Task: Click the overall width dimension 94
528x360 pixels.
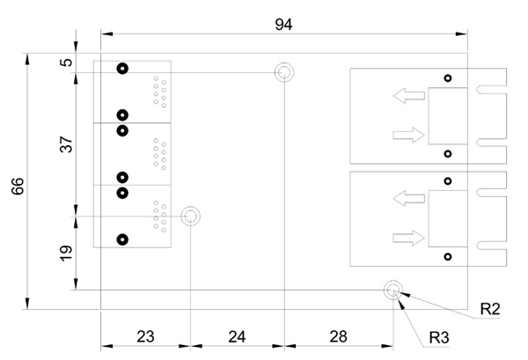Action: (x=282, y=24)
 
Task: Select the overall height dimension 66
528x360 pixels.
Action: (x=17, y=185)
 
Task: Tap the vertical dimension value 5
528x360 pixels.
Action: (x=64, y=63)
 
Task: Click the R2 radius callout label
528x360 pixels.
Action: (x=490, y=310)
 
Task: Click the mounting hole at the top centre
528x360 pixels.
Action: (x=284, y=72)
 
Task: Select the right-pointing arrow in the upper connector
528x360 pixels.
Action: (x=406, y=134)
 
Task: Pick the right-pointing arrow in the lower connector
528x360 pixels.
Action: (x=406, y=236)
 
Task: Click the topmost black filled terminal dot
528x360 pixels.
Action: (x=122, y=70)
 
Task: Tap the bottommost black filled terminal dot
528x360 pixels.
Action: (x=122, y=239)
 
